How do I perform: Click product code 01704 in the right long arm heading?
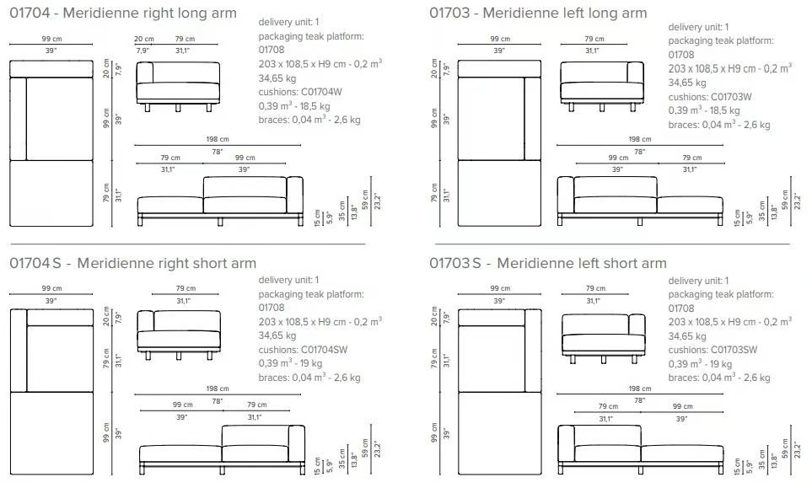(x=30, y=13)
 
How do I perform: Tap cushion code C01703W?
(x=731, y=97)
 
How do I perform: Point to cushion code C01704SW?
(x=324, y=350)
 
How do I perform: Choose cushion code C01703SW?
(x=734, y=350)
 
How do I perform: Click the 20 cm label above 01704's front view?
(x=144, y=39)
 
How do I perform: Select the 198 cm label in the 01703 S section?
(x=639, y=389)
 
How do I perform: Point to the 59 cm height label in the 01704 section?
(x=366, y=200)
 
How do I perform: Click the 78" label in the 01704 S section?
(x=217, y=401)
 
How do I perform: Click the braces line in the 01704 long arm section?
(x=309, y=120)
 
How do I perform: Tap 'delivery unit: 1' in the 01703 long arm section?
(x=698, y=27)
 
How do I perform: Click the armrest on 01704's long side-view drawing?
(x=294, y=195)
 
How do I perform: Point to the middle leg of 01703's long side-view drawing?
(x=639, y=222)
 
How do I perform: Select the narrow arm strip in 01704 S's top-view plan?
(x=19, y=351)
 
